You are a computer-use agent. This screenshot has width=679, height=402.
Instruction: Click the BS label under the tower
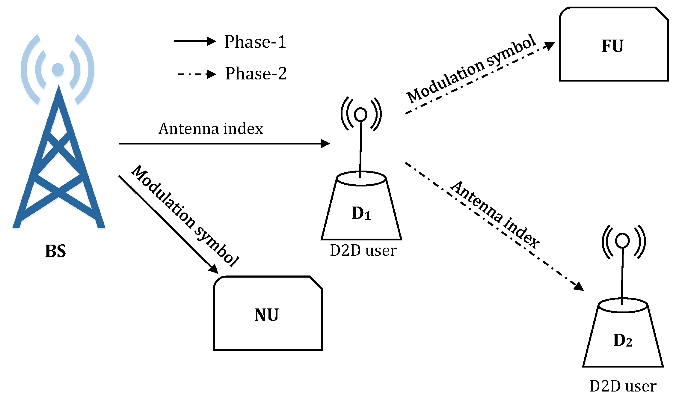[55, 251]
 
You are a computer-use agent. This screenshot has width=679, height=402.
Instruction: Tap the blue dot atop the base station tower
[58, 70]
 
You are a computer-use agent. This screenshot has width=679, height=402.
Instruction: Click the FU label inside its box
[612, 46]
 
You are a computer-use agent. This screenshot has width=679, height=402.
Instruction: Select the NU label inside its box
[266, 315]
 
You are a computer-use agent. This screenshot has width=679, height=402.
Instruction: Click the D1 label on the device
[361, 213]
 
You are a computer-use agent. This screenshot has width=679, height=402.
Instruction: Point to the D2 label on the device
[622, 340]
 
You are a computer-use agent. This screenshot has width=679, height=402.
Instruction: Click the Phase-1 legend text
[255, 42]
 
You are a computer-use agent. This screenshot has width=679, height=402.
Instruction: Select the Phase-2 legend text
[256, 73]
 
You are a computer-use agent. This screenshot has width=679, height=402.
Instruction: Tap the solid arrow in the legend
[195, 41]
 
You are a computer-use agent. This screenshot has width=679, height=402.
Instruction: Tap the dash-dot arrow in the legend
[197, 74]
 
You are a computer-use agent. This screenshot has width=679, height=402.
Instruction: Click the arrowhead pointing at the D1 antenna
[325, 144]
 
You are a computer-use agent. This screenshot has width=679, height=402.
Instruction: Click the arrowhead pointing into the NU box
[214, 269]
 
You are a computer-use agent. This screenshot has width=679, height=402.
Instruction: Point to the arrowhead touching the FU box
[549, 46]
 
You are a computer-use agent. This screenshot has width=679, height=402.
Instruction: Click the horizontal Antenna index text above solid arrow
[211, 129]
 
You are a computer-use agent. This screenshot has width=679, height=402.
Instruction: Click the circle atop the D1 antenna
[360, 114]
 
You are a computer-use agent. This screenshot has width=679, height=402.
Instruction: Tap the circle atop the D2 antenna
[622, 240]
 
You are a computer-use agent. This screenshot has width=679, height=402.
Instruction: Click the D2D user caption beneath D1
[363, 251]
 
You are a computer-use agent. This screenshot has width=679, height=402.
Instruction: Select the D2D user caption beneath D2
[623, 386]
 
